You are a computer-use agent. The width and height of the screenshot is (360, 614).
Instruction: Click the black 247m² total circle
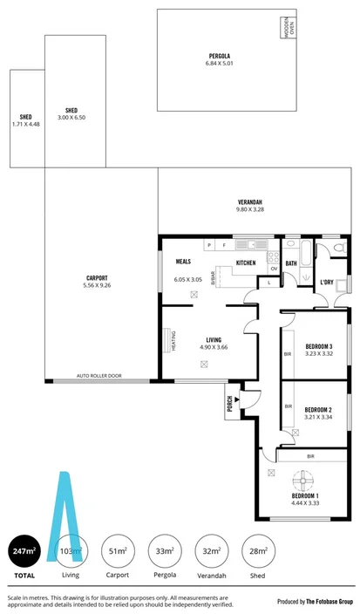point(24,551)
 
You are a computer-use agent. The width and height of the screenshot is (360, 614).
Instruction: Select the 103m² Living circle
point(71,551)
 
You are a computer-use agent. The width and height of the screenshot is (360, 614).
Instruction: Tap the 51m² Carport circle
point(118,551)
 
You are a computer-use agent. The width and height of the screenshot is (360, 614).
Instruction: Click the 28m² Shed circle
point(258,551)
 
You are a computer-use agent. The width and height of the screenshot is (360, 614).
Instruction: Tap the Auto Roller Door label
point(99,376)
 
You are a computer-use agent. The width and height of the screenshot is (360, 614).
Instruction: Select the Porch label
point(229,402)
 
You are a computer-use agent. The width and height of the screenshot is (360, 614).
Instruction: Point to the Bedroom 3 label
point(318,346)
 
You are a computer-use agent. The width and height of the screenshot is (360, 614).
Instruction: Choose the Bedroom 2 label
point(318,409)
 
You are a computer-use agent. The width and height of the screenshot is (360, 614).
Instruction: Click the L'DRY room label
point(327,282)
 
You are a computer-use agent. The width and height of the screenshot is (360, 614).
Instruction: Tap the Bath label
point(291,263)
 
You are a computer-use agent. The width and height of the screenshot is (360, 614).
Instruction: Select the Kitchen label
point(245,263)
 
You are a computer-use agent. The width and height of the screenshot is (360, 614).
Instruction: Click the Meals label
point(183,261)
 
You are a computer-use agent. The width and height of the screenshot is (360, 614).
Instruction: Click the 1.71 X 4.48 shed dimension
point(27,124)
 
